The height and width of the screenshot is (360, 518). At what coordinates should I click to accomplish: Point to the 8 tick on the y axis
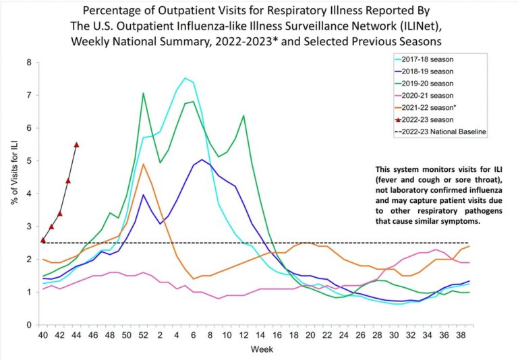tap(28, 63)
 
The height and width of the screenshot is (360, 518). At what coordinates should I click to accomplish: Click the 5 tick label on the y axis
tap(28, 161)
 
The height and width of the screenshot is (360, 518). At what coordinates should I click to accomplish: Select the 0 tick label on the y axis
tap(28, 325)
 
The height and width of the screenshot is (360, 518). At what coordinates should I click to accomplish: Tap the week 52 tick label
tap(143, 336)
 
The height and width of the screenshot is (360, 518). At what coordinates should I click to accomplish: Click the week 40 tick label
tap(43, 336)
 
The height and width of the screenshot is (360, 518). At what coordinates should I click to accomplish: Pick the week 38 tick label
tap(459, 336)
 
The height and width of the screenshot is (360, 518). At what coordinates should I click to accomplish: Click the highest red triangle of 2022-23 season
tap(76, 145)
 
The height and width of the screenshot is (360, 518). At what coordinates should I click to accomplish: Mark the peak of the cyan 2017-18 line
tap(185, 78)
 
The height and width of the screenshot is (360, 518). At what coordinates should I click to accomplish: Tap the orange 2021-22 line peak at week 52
tap(143, 164)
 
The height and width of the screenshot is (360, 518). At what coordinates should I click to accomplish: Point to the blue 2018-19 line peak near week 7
tap(202, 160)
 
